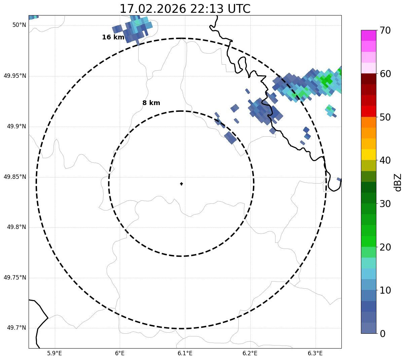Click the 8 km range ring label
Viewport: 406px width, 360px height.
(151, 103)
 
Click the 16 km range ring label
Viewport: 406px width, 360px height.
(113, 37)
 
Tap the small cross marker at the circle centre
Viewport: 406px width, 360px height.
(181, 184)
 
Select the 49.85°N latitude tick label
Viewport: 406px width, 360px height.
(15, 177)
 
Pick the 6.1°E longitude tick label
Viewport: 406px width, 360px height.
(185, 353)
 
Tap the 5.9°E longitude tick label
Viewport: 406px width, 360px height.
(54, 353)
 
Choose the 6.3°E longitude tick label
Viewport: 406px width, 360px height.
(315, 353)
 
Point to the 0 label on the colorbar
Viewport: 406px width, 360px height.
(382, 334)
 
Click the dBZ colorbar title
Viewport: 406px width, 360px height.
(398, 182)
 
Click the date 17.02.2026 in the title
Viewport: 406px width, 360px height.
(153, 9)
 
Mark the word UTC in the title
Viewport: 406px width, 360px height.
(239, 9)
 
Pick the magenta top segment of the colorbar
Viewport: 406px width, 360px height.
(368, 35)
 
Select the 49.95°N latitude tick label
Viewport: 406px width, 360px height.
(15, 76)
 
